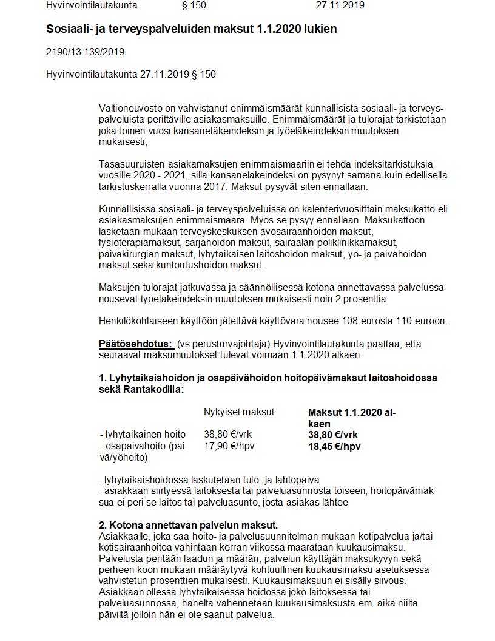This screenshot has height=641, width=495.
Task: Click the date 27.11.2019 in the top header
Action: (340, 6)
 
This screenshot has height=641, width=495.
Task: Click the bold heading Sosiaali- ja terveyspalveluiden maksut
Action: (191, 29)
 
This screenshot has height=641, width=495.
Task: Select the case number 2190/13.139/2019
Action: (85, 52)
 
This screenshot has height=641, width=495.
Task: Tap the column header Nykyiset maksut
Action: (239, 412)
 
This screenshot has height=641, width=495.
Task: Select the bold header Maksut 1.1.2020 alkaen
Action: (352, 418)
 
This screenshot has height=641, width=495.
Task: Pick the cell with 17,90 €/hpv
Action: (229, 446)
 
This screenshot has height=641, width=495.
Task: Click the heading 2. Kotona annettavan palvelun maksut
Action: (188, 525)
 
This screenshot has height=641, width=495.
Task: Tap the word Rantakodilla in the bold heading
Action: (153, 389)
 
